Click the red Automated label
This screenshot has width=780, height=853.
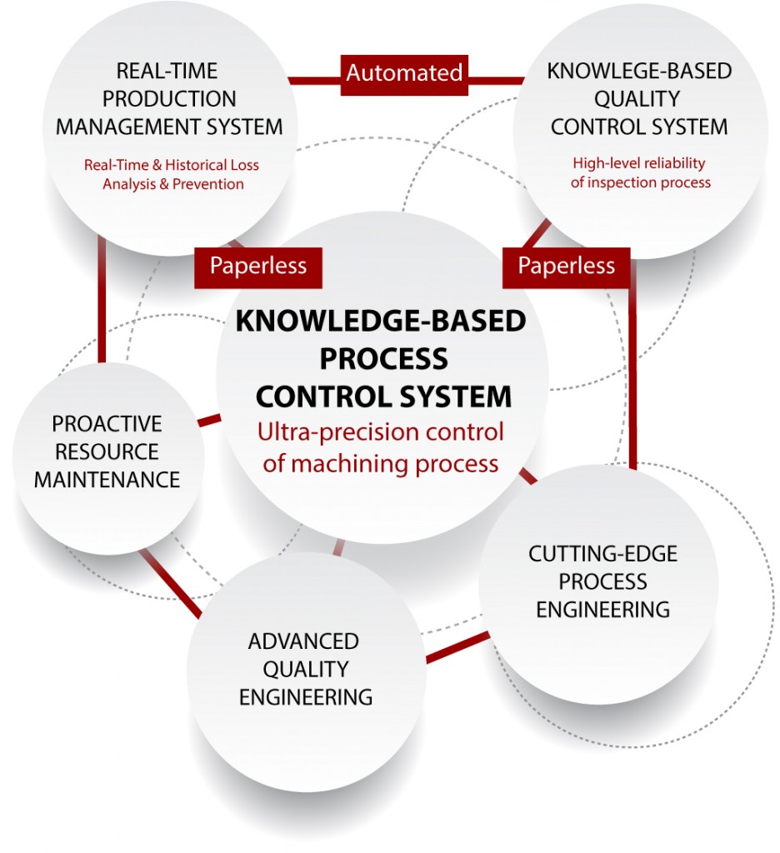[x=404, y=72]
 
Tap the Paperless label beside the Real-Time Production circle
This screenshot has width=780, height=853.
[x=257, y=266]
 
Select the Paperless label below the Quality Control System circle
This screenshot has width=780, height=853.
[x=566, y=266]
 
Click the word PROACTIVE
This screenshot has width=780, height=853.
[x=107, y=424]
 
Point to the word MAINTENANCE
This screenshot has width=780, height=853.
[x=107, y=480]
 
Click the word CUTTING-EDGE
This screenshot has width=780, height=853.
[x=602, y=554]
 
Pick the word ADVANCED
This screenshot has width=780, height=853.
[x=303, y=641]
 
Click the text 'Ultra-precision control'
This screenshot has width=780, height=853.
[x=381, y=433]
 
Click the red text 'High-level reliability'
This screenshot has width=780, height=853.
[x=638, y=163]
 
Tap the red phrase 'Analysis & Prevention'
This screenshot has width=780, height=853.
[x=172, y=184]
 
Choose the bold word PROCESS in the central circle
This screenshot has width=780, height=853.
[x=383, y=358]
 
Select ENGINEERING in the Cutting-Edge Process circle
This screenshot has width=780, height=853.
[x=602, y=609]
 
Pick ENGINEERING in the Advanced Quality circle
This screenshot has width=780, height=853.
[x=305, y=696]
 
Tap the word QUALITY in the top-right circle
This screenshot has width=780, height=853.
[x=638, y=98]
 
